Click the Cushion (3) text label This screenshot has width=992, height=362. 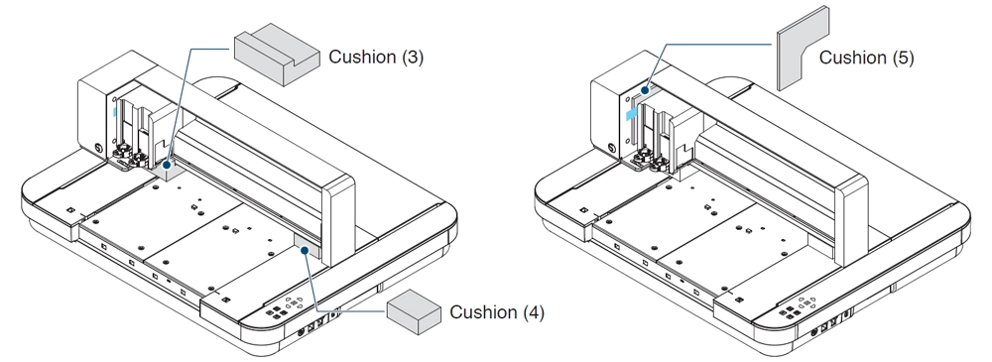(376, 57)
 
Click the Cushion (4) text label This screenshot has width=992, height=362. (497, 312)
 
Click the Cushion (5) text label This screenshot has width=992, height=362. (867, 58)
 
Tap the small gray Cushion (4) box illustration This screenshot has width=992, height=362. (414, 311)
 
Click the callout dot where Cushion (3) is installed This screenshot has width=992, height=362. (167, 165)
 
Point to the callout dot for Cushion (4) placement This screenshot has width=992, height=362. (305, 250)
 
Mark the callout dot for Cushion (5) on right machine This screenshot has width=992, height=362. (645, 90)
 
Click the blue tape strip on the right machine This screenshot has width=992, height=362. (631, 113)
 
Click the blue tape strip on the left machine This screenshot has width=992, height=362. (114, 112)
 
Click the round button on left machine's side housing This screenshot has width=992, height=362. (97, 147)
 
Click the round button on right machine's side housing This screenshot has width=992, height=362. (611, 148)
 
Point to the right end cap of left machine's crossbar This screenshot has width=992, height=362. (338, 219)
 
